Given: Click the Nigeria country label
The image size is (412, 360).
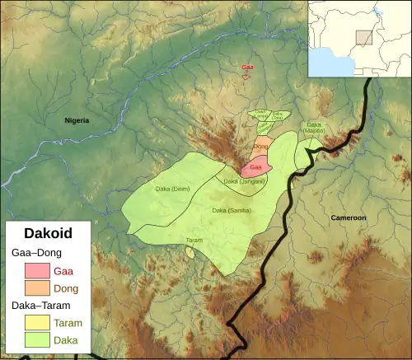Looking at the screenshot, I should coord(77,120).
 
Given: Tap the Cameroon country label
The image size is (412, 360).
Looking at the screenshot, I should coord(348,217).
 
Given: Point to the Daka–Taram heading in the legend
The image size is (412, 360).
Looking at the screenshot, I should coord(42,306).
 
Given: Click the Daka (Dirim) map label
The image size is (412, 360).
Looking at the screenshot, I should coord(172,189).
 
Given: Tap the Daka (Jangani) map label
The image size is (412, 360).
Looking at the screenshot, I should coord(244,181).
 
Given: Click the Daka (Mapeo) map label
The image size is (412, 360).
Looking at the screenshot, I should coord(315,127).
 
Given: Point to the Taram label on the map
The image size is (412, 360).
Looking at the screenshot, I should coord(194,240).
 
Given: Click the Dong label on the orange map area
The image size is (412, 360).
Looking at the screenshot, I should coord(262,147).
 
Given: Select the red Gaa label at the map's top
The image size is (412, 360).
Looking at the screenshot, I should coord(247,67).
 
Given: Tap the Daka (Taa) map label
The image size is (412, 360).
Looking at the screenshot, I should coord(279,116).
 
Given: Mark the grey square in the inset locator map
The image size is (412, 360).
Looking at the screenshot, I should coord(363,38).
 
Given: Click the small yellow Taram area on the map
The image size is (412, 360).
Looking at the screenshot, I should coord(190,251).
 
